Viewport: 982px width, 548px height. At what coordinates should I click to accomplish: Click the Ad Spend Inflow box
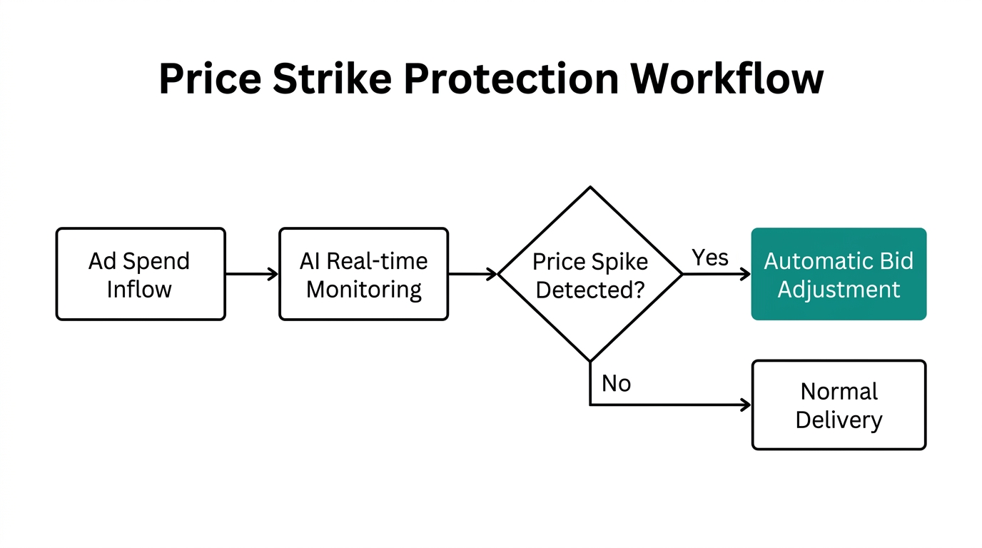(x=141, y=274)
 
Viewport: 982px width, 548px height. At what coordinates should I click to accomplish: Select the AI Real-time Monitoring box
(x=363, y=274)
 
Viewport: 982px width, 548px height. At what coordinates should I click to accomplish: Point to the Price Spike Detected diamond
(x=590, y=274)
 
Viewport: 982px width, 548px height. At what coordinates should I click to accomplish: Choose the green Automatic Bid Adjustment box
(x=839, y=274)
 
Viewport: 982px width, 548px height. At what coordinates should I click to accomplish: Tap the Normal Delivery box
(x=839, y=405)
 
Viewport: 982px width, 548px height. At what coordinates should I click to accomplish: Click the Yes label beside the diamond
(x=710, y=258)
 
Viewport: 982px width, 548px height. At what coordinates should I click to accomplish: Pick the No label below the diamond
(x=616, y=384)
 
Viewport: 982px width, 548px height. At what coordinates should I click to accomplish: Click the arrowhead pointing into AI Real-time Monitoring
(x=273, y=274)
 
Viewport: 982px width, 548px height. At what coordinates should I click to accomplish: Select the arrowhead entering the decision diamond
(x=492, y=274)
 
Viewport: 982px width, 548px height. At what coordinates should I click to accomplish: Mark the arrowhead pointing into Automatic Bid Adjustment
(x=745, y=274)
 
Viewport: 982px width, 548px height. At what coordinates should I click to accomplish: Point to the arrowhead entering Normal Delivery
(x=746, y=405)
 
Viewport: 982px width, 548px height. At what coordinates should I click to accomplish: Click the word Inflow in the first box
(x=139, y=290)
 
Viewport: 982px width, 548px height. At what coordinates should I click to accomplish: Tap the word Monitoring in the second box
(x=363, y=290)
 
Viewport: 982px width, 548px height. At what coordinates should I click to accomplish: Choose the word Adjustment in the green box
(x=839, y=290)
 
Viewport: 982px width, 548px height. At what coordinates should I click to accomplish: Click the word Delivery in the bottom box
(x=839, y=420)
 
